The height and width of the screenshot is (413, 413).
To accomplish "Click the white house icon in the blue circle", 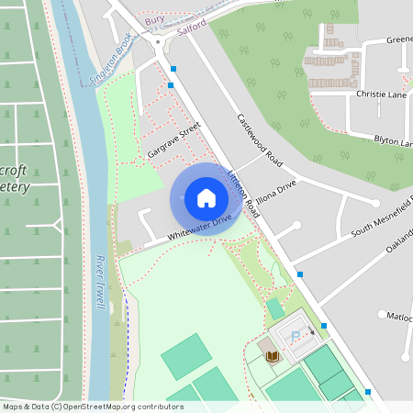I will (x=206, y=197).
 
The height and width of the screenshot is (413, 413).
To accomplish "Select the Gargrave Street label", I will (x=173, y=141).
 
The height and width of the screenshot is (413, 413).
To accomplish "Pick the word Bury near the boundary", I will (x=156, y=18).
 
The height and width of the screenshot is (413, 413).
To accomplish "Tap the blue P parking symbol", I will (x=295, y=337).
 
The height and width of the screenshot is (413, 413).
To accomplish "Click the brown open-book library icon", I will (x=271, y=355).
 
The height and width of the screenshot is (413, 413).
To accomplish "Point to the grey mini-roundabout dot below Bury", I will (x=159, y=40).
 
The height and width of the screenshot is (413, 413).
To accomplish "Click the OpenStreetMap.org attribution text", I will (x=120, y=406).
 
